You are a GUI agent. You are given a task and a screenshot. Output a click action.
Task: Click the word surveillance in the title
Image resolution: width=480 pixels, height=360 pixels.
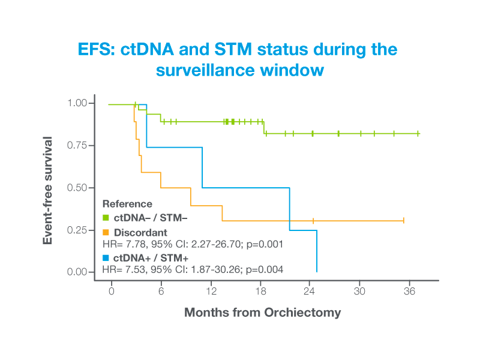click(x=205, y=70)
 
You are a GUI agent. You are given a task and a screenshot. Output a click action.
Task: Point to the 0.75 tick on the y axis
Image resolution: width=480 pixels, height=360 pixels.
click(x=91, y=145)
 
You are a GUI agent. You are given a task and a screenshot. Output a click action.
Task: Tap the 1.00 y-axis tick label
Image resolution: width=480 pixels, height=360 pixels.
click(x=77, y=103)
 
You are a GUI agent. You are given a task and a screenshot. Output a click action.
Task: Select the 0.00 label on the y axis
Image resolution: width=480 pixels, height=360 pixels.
click(x=77, y=272)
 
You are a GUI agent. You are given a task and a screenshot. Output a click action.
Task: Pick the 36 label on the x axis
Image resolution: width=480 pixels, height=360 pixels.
click(x=409, y=291)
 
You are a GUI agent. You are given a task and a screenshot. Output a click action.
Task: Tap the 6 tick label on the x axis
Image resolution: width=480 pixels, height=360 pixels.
click(x=161, y=291)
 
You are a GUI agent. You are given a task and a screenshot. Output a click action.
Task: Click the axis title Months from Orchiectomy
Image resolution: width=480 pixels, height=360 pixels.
click(x=262, y=313)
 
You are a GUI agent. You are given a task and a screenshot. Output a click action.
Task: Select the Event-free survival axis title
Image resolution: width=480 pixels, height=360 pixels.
click(x=47, y=190)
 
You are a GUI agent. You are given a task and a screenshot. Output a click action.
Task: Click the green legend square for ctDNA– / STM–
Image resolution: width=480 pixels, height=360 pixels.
click(x=106, y=218)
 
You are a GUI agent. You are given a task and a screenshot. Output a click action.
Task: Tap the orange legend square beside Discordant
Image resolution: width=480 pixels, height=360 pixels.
click(x=106, y=232)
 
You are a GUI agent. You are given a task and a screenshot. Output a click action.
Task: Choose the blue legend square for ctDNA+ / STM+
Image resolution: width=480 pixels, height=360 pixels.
click(x=106, y=258)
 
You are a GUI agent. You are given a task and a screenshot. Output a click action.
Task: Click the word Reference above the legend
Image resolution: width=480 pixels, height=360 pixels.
click(x=127, y=204)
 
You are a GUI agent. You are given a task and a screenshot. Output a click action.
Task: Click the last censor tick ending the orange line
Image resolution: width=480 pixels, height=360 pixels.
click(x=404, y=220)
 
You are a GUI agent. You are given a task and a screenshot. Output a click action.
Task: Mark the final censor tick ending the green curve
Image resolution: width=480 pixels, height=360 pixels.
click(x=418, y=133)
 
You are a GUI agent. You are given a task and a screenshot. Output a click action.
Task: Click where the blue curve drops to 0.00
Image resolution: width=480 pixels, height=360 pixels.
click(x=317, y=272)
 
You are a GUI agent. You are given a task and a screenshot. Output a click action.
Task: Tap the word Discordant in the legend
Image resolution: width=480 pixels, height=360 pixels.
click(x=140, y=233)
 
